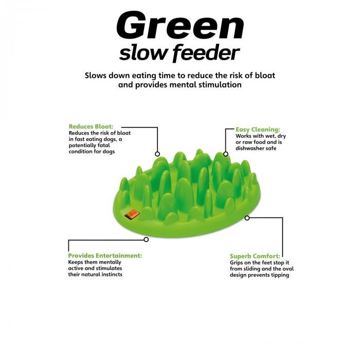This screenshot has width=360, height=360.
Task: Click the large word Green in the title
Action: pyautogui.click(x=180, y=25)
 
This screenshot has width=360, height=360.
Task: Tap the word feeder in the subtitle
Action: pyautogui.click(x=206, y=53)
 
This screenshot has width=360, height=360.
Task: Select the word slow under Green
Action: pyautogui.click(x=143, y=53)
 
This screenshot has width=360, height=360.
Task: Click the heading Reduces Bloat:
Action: pyautogui.click(x=91, y=127)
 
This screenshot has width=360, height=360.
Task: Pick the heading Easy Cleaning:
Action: pyautogui.click(x=258, y=130)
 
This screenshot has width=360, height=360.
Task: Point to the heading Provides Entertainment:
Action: pyautogui.click(x=105, y=256)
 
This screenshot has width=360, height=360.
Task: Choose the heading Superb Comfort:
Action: pyautogui.click(x=255, y=256)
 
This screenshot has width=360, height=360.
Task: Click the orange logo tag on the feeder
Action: pyautogui.click(x=132, y=214)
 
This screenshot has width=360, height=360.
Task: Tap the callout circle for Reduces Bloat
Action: pyautogui.click(x=157, y=154)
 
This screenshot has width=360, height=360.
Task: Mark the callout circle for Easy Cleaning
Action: pyautogui.click(x=226, y=154)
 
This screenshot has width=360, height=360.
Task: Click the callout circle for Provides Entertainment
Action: pyautogui.click(x=146, y=240)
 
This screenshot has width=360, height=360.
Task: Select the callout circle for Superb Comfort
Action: pyautogui.click(x=247, y=218)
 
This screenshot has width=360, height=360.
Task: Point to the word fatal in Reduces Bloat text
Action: pyautogui.click(x=104, y=146)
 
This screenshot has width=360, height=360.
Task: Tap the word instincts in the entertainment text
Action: pyautogui.click(x=111, y=274)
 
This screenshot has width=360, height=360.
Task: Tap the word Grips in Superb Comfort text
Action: pyautogui.click(x=237, y=263)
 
